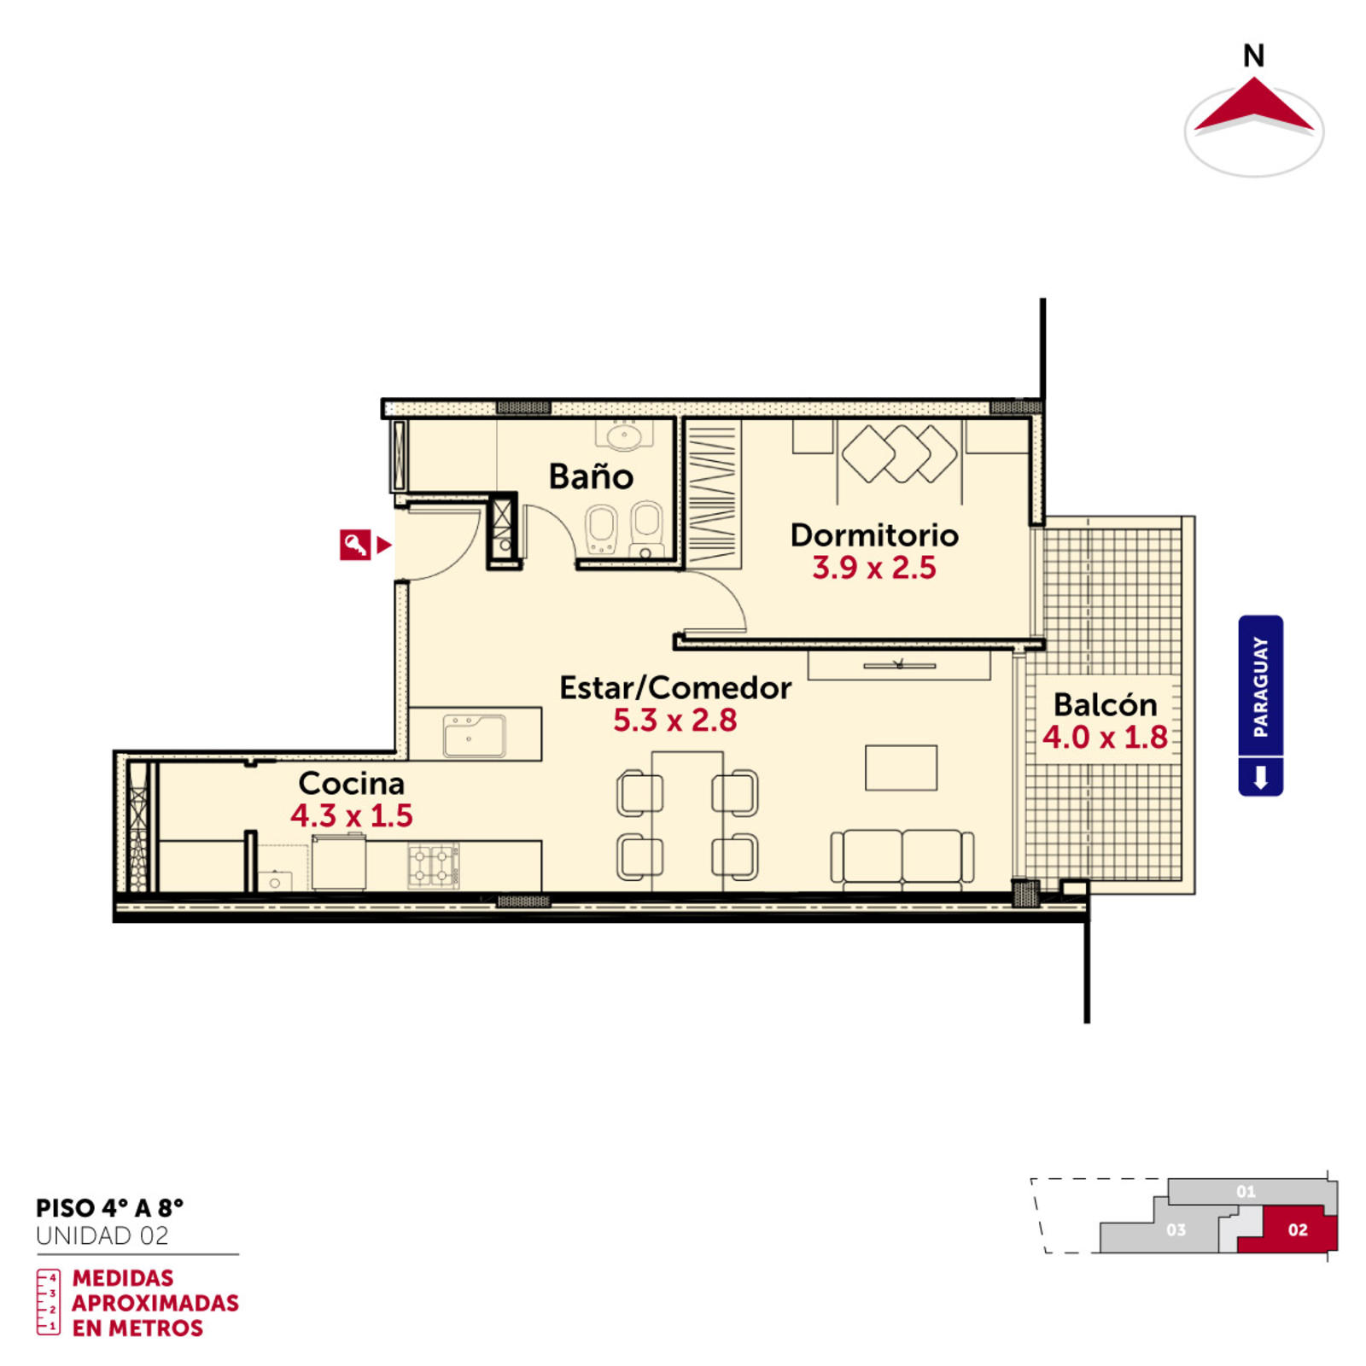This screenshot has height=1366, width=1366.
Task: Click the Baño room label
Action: pyautogui.click(x=591, y=476)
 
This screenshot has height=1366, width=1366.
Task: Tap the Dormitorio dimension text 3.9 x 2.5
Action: pyautogui.click(x=874, y=568)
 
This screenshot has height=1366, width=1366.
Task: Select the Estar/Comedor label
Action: pyautogui.click(x=675, y=687)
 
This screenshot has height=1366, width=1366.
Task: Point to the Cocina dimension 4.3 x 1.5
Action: pyautogui.click(x=352, y=815)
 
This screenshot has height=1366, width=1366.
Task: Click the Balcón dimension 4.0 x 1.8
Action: pyautogui.click(x=1105, y=737)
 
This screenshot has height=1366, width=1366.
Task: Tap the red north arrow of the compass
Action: pyautogui.click(x=1253, y=107)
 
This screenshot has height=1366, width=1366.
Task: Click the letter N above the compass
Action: pyautogui.click(x=1253, y=56)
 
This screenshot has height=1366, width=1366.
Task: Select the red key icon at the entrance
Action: pyautogui.click(x=355, y=544)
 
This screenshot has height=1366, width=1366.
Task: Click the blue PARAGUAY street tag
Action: pyautogui.click(x=1260, y=705)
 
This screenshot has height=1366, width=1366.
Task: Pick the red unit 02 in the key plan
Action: pyautogui.click(x=1293, y=1230)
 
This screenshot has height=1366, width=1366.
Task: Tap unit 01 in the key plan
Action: pyautogui.click(x=1246, y=1191)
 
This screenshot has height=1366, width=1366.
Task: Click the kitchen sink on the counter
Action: pyautogui.click(x=474, y=735)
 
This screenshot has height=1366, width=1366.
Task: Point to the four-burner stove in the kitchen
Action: pyautogui.click(x=434, y=865)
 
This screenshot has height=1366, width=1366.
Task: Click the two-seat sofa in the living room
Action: pyautogui.click(x=902, y=857)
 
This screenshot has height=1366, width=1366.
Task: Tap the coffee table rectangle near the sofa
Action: pyautogui.click(x=901, y=768)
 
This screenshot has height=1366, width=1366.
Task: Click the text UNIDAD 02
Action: pyautogui.click(x=102, y=1235)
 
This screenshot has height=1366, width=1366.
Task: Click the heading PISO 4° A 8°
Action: pyautogui.click(x=109, y=1208)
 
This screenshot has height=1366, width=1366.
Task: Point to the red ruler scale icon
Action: pyautogui.click(x=49, y=1302)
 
